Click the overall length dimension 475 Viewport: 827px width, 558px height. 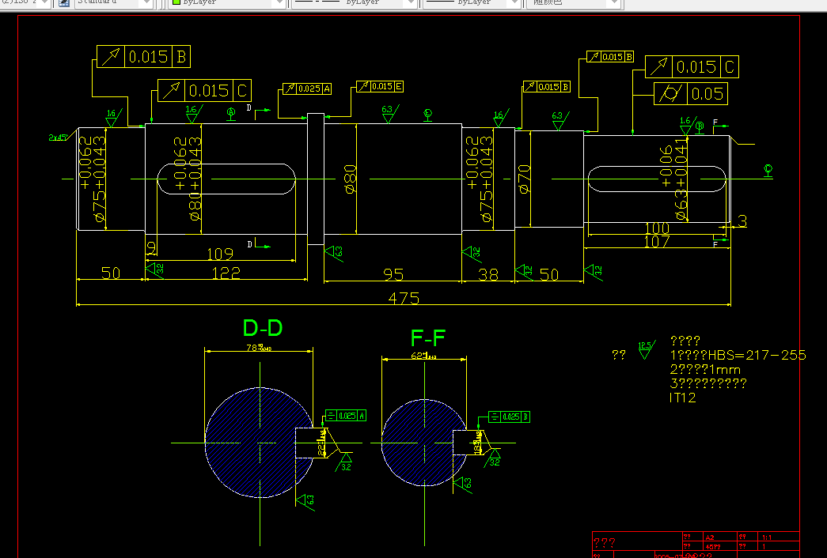[x=404, y=299]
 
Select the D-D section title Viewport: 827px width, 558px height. [x=263, y=328]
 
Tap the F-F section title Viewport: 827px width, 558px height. [x=428, y=339]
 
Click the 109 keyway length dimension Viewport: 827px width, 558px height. [x=219, y=254]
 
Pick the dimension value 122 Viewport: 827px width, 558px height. [x=225, y=273]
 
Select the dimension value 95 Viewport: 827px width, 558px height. [x=393, y=274]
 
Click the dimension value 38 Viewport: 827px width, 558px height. [x=488, y=274]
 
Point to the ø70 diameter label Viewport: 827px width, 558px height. [x=523, y=179]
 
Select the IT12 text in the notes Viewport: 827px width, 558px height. [x=683, y=398]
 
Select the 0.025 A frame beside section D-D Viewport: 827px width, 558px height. [x=346, y=416]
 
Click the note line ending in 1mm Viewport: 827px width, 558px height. [x=705, y=369]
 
